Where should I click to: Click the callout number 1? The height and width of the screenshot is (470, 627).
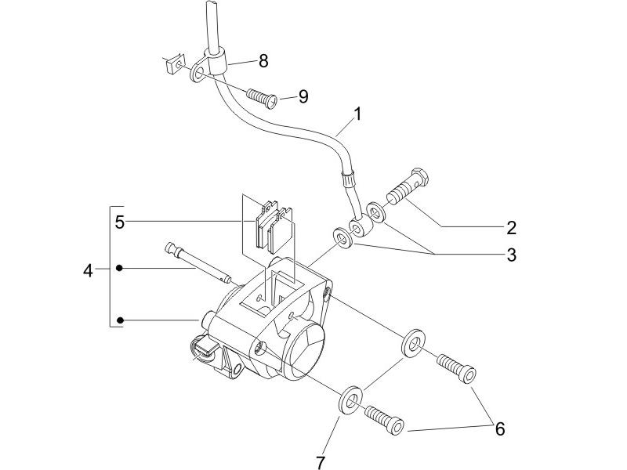click(x=357, y=114)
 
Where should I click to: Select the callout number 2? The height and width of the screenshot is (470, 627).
click(x=511, y=228)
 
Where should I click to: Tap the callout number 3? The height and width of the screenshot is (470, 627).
click(x=511, y=255)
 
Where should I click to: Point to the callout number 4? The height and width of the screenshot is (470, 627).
click(x=88, y=271)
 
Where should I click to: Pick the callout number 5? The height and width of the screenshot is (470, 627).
click(x=119, y=222)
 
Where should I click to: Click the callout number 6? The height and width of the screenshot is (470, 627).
click(x=498, y=428)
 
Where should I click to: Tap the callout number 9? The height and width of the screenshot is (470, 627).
click(x=303, y=96)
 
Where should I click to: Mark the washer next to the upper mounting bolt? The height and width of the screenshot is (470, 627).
click(x=411, y=343)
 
